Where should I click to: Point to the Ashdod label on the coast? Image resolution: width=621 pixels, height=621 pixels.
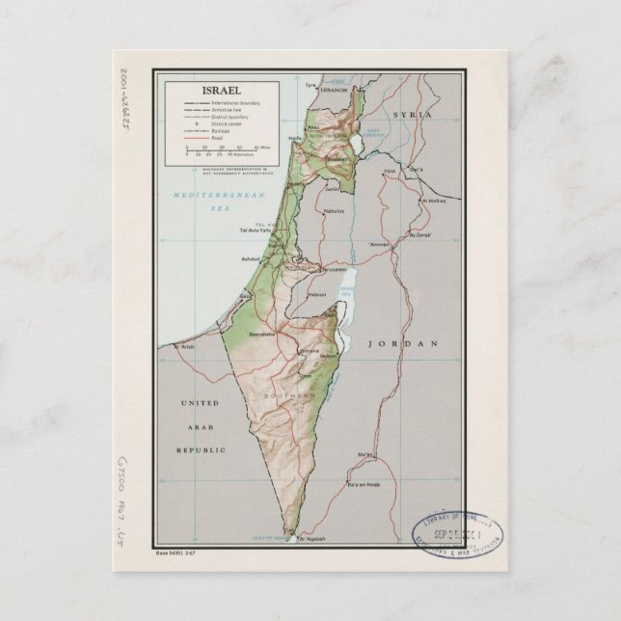[253, 258]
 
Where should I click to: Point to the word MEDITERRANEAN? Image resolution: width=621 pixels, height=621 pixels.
[207, 196]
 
